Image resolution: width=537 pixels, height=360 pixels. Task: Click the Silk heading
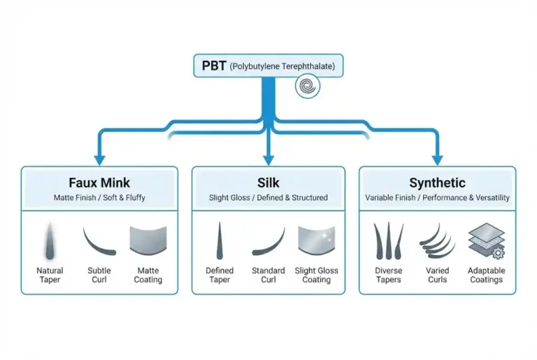pos(268,183)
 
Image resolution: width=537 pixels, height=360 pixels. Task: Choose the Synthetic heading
pos(437,183)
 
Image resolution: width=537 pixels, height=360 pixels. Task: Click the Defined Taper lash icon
pos(220,240)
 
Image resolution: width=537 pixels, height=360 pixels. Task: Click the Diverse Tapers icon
pos(388,240)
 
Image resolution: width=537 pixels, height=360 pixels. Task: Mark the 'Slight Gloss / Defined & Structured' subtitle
pos(268,198)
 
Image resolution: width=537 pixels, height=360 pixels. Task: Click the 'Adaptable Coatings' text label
pos(486,275)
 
